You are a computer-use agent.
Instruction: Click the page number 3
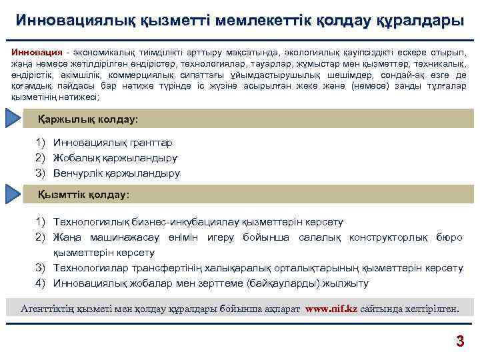click(459, 342)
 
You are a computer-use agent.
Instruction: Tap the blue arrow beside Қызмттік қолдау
click(15, 195)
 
